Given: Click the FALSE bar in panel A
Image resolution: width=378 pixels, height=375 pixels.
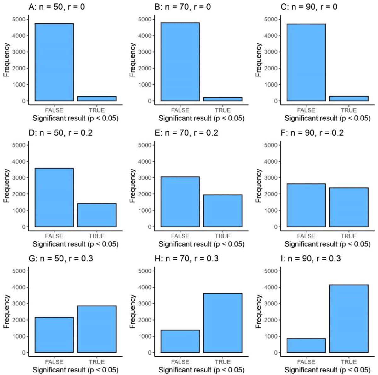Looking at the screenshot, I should click(54, 62).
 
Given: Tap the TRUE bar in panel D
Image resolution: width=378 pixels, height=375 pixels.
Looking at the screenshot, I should click(97, 215).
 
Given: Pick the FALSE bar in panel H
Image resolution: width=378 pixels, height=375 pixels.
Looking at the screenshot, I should click(180, 341).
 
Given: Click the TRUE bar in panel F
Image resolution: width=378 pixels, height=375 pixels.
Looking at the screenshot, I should click(349, 207).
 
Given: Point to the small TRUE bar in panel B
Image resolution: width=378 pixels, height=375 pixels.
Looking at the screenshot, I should click(223, 99).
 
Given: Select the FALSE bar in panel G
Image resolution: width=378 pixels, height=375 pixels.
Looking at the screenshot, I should click(54, 335).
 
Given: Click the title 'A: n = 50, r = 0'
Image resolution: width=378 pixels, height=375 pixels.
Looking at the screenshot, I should click(57, 7).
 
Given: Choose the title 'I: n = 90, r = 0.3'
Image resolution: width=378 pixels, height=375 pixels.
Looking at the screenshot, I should click(311, 258).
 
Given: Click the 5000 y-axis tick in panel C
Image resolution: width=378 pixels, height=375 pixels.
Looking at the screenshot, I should click(271, 19).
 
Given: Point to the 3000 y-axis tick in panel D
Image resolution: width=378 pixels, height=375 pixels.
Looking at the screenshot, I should click(19, 178).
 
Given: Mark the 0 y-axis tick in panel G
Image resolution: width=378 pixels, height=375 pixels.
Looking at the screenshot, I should click(24, 353).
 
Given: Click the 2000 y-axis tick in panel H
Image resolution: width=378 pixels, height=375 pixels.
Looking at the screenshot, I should click(145, 320).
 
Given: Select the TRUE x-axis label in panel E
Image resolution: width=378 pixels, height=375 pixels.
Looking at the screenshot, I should click(223, 236).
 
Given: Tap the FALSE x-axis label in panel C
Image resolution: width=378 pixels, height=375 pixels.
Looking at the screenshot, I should click(306, 110).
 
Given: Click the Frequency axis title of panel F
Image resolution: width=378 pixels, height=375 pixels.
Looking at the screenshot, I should click(259, 186).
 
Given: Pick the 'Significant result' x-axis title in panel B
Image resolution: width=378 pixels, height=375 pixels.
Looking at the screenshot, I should click(201, 118).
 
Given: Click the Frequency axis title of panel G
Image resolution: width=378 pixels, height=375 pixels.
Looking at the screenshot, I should click(7, 311).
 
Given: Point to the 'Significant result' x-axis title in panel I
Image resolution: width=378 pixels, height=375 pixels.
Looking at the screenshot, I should click(327, 370).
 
